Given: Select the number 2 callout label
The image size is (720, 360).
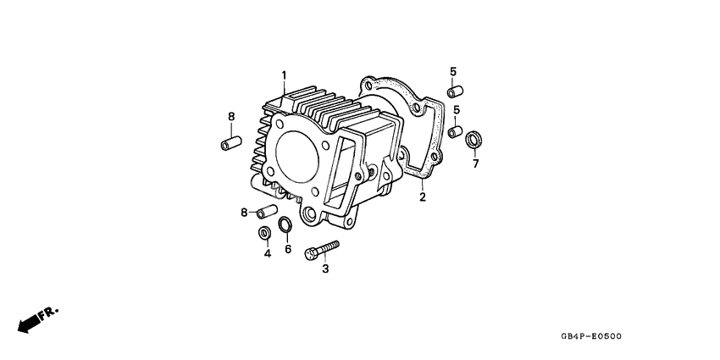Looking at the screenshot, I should click(422, 198).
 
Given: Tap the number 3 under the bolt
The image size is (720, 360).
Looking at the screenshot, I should click(324, 269).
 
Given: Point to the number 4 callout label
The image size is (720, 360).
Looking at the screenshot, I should click(267, 253).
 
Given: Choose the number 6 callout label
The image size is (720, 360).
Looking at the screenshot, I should click(288, 249).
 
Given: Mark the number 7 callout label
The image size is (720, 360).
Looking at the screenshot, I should click(475, 163).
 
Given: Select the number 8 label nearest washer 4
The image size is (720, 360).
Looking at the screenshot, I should click(244, 212).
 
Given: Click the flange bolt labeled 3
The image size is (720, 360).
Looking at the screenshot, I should click(321, 251).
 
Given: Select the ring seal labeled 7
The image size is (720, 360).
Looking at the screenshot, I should click(476, 137).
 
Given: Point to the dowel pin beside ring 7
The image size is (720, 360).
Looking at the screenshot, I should click(455, 132).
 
